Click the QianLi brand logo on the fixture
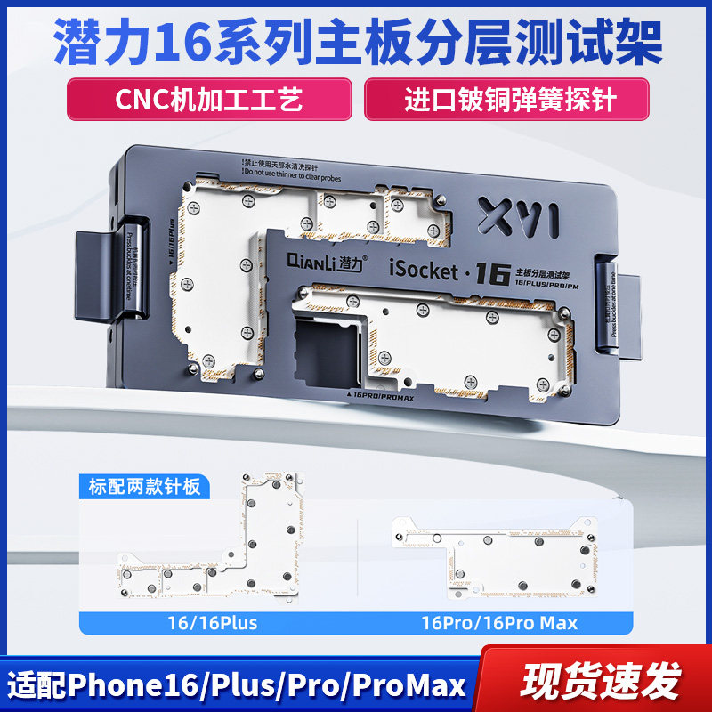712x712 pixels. click(320, 263)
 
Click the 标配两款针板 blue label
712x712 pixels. click(144, 487)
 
